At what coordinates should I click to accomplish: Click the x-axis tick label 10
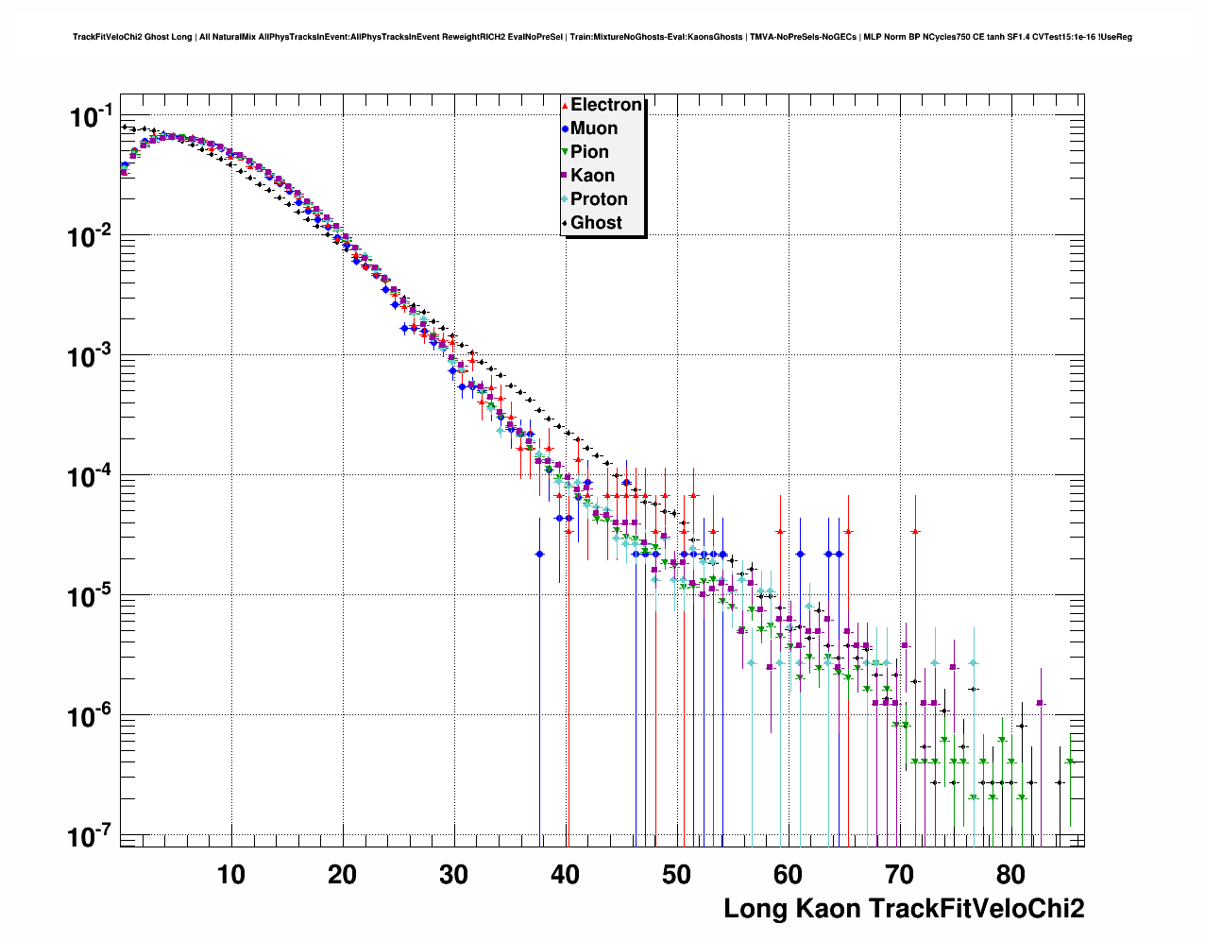coord(231,874)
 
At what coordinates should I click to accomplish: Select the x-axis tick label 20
coord(343,874)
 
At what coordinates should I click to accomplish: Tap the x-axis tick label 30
coord(454,874)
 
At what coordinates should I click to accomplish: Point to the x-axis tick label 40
coord(566,874)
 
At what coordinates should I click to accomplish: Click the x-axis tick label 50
coord(677,874)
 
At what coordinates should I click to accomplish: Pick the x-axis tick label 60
coord(789,874)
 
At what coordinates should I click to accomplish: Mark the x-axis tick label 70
coord(900,874)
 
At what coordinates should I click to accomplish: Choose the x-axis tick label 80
coord(1011,874)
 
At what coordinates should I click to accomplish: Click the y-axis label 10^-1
coord(92,116)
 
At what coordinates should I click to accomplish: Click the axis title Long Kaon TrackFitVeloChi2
coord(904,909)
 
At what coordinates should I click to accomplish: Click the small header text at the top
coord(602,37)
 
